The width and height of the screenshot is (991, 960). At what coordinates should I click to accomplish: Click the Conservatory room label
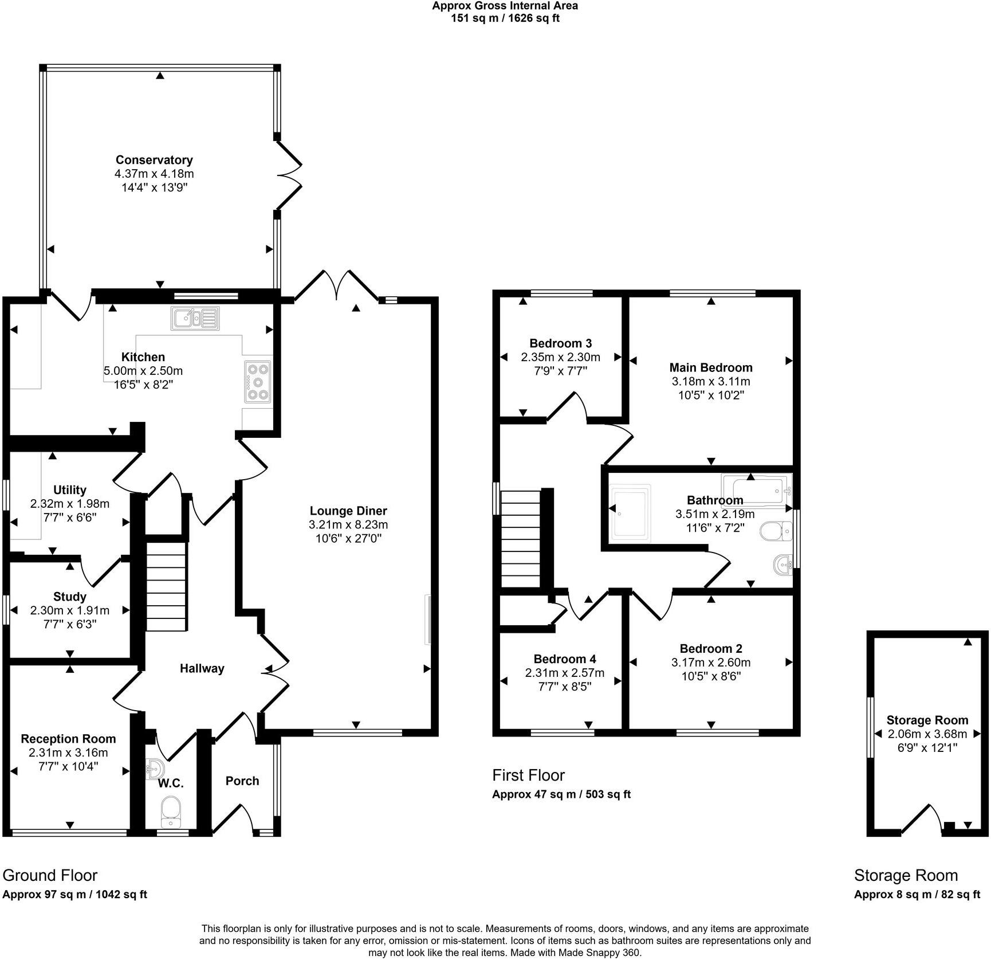click(154, 160)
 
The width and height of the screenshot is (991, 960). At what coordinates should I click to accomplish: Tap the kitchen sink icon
click(195, 318)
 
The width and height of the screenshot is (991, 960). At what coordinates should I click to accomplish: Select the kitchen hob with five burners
click(257, 382)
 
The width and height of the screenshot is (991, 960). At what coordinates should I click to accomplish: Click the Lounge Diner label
click(348, 511)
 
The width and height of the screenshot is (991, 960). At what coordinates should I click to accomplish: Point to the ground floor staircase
click(166, 585)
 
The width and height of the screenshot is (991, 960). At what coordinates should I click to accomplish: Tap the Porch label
click(242, 781)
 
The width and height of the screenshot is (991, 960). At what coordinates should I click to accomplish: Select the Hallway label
click(202, 668)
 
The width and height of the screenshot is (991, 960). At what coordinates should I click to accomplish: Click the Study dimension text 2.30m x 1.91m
click(70, 611)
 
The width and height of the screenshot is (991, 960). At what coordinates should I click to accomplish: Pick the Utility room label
click(70, 490)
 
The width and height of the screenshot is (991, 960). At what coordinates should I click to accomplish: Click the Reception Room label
click(68, 739)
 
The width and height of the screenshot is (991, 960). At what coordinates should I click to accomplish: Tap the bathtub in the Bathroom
click(756, 489)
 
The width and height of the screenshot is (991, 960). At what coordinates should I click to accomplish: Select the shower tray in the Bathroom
click(631, 512)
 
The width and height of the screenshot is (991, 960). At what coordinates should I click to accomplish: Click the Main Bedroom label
click(711, 367)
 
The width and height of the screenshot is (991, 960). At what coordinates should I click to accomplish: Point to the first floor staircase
click(521, 539)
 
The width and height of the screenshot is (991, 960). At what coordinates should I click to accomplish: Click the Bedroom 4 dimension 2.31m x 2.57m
click(565, 673)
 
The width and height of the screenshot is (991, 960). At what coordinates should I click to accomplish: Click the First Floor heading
click(528, 775)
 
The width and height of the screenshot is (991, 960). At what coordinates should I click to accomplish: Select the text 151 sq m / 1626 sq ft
click(505, 18)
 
